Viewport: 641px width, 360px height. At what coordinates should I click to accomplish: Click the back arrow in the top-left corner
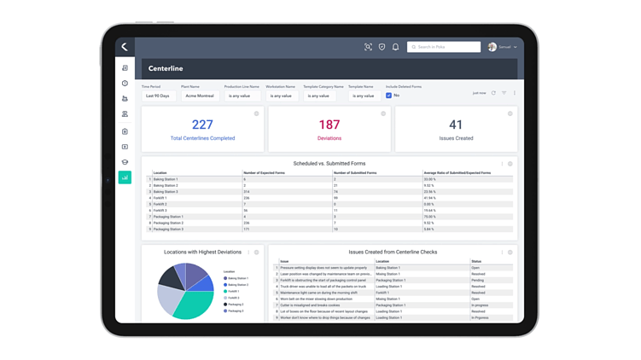[x=125, y=47]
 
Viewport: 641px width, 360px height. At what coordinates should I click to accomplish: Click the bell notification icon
[x=395, y=47]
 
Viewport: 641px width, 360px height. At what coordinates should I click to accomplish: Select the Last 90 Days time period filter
[x=158, y=96]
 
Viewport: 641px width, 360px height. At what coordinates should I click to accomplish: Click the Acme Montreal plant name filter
[x=200, y=96]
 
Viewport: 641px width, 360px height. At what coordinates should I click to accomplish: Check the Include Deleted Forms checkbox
[x=388, y=96]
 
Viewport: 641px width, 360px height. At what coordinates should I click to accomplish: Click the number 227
[x=202, y=125]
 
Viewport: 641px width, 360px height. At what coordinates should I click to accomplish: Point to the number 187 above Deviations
[x=329, y=125]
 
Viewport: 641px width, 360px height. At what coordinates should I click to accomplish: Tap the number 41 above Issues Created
[x=456, y=125]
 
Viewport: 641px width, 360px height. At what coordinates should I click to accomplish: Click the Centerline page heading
[x=166, y=68]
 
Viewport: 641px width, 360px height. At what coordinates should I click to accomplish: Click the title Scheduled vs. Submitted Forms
[x=329, y=163]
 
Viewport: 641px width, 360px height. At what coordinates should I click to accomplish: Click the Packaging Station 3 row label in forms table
[x=168, y=229]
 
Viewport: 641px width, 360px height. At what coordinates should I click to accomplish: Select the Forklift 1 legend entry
[x=234, y=291]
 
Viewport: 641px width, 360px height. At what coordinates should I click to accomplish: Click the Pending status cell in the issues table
[x=478, y=280]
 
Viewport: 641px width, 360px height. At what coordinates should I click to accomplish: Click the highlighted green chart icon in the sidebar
[x=125, y=177]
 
